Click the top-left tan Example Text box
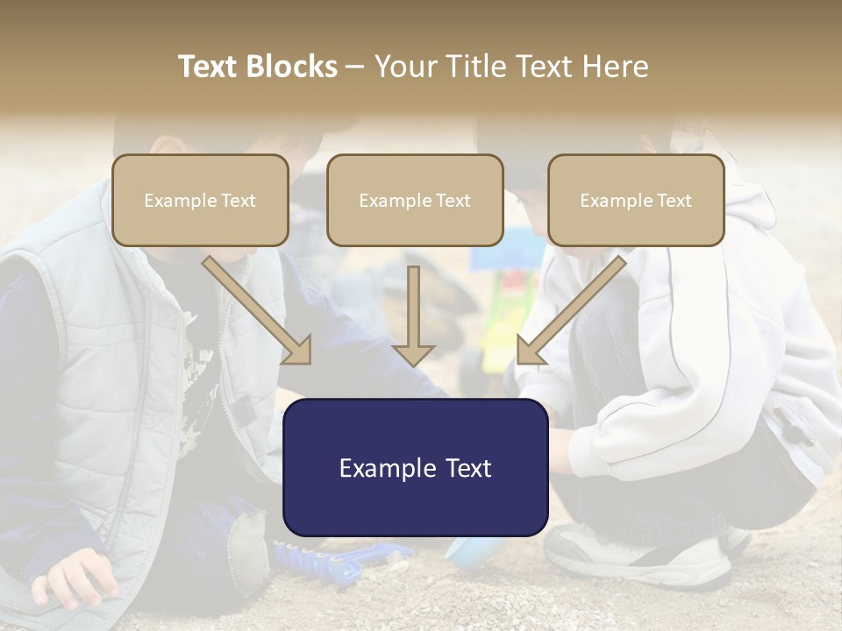click(200, 200)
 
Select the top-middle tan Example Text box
click(415, 200)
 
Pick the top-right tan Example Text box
click(636, 200)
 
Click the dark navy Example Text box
click(415, 468)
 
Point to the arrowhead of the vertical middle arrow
click(413, 354)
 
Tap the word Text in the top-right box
click(674, 201)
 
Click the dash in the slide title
click(355, 67)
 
